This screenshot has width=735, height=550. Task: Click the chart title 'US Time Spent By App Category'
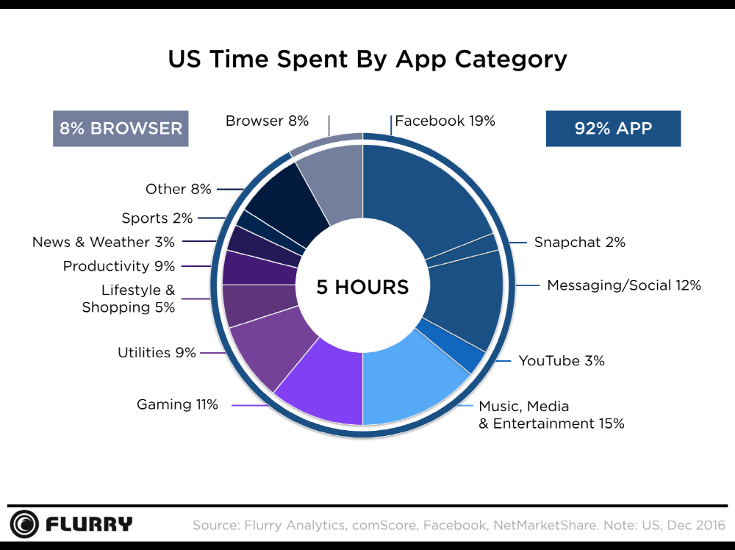coord(367,59)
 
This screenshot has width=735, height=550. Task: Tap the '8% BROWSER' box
coord(121,129)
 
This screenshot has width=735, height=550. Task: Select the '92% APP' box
coord(613,129)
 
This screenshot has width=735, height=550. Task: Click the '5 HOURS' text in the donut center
coord(362,287)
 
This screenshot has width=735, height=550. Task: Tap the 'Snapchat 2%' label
coord(579,242)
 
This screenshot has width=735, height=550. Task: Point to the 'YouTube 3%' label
coord(561,360)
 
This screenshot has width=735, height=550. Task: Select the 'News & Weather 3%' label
coord(104,242)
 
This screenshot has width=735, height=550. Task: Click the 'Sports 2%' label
coord(157,218)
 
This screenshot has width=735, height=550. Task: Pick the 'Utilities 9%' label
coord(157,353)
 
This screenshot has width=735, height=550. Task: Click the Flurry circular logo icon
coord(24,524)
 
